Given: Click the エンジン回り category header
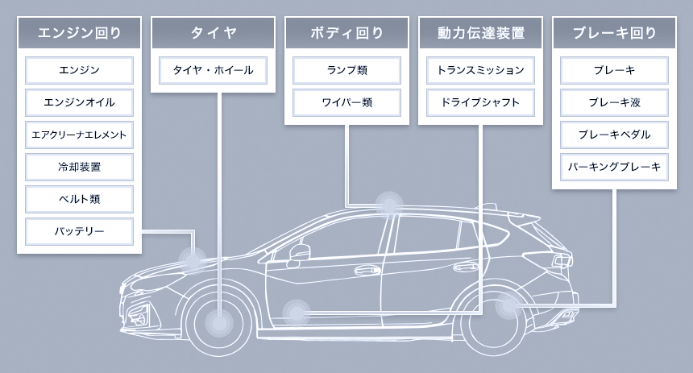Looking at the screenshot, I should pyautogui.click(x=79, y=33).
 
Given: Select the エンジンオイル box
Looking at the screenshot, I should pyautogui.click(x=79, y=102).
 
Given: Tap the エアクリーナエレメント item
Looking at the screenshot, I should pyautogui.click(x=79, y=135).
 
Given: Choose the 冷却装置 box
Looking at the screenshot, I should pyautogui.click(x=79, y=167).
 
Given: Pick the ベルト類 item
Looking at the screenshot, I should pyautogui.click(x=79, y=199).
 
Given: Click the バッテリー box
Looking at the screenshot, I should pyautogui.click(x=79, y=231).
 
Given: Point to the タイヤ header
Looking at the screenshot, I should pyautogui.click(x=214, y=33).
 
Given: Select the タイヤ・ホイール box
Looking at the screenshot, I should pyautogui.click(x=214, y=70).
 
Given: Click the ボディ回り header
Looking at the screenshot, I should pyautogui.click(x=346, y=33).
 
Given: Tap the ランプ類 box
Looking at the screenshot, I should pyautogui.click(x=346, y=70).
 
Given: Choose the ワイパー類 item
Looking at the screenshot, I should pyautogui.click(x=346, y=102).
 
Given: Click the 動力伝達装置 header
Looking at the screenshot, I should pyautogui.click(x=480, y=33).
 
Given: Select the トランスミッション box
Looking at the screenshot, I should pyautogui.click(x=480, y=70).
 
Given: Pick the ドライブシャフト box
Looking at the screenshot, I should pyautogui.click(x=480, y=102).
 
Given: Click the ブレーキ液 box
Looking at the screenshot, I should pyautogui.click(x=614, y=102).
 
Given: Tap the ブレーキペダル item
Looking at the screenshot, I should pyautogui.click(x=614, y=135).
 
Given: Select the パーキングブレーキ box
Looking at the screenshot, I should pyautogui.click(x=614, y=167).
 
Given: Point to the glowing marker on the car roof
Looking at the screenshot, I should pyautogui.click(x=389, y=203).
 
